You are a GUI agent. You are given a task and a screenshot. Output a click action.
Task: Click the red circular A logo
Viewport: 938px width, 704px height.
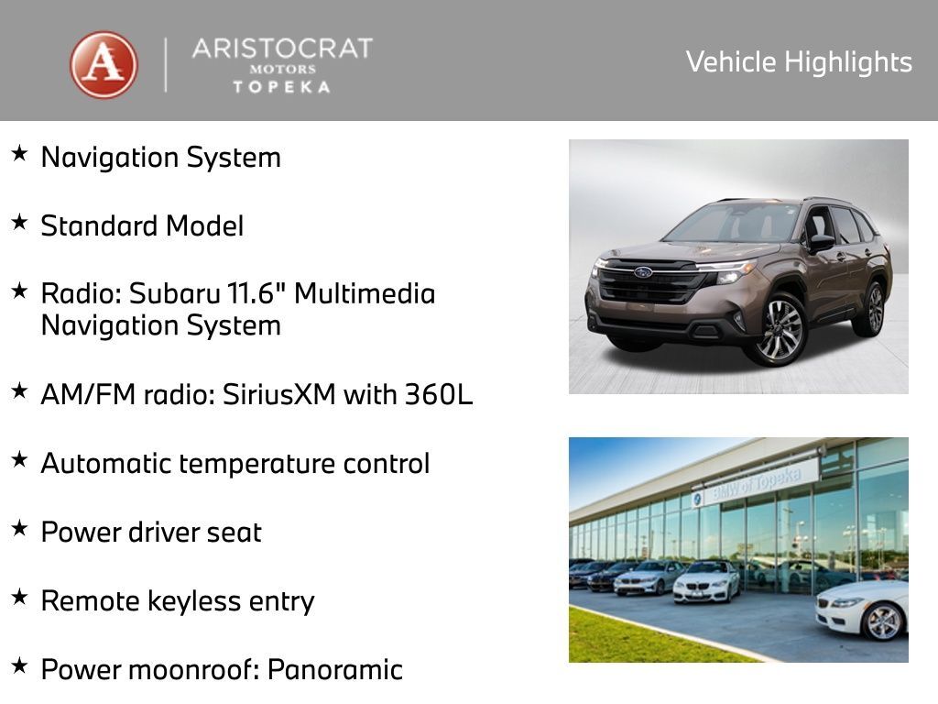click(x=104, y=65)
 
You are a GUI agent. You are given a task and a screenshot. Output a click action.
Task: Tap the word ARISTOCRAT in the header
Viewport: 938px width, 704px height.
click(x=282, y=49)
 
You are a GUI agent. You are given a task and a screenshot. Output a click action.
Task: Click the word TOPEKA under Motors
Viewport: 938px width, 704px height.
click(x=281, y=86)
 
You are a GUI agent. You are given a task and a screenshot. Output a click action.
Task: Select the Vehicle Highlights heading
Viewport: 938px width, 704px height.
click(x=799, y=62)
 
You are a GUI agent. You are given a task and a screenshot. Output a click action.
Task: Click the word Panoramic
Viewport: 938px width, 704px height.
click(x=334, y=669)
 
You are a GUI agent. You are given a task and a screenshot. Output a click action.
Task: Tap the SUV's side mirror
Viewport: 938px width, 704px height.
click(x=820, y=242)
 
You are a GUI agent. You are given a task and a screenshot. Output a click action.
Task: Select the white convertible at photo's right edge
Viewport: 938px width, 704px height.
click(x=866, y=610)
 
